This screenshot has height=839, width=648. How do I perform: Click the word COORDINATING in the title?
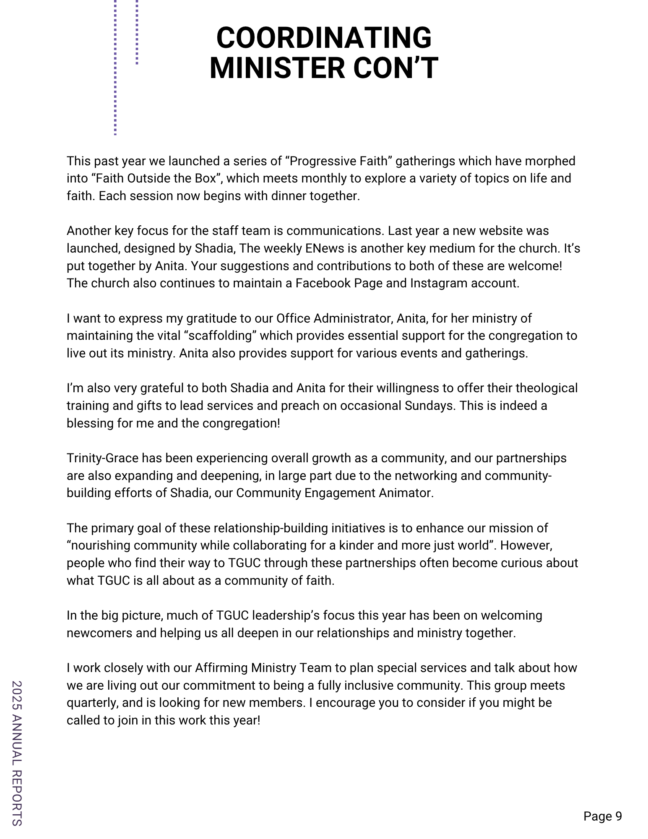324,38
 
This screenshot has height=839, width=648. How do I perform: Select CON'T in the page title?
396,68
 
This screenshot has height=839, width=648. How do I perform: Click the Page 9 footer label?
603,816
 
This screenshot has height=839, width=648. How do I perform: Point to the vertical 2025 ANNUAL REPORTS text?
17,753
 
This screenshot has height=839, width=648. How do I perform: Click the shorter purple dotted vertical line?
137,32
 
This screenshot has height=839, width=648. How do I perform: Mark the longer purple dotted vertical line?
115,67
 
